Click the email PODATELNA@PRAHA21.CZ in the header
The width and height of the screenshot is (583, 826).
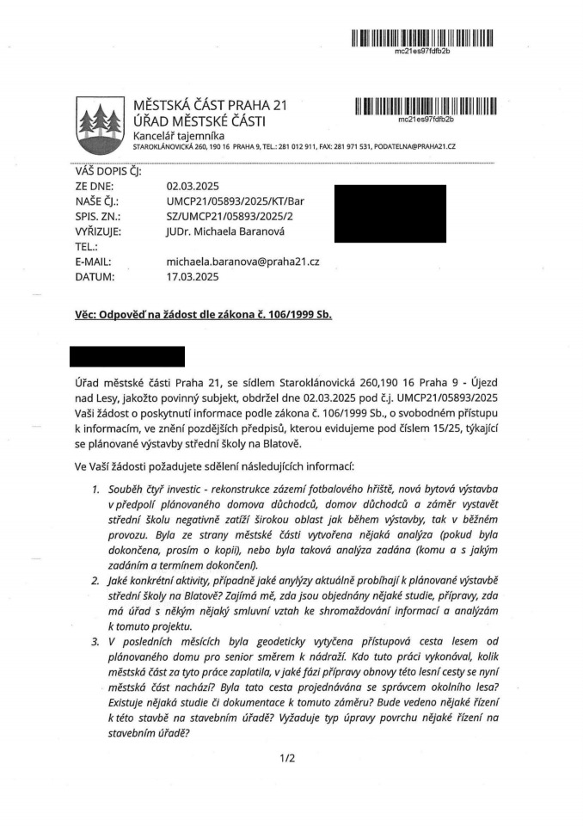(x=414, y=147)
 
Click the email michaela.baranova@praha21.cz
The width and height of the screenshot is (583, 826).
(x=242, y=262)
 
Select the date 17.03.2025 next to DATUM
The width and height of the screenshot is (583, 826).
(x=193, y=277)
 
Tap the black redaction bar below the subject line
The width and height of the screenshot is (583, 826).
(x=127, y=356)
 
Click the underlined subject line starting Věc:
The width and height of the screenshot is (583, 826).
(x=203, y=315)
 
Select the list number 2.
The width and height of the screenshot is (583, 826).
(x=95, y=582)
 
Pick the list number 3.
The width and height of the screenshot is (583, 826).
(x=95, y=644)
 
